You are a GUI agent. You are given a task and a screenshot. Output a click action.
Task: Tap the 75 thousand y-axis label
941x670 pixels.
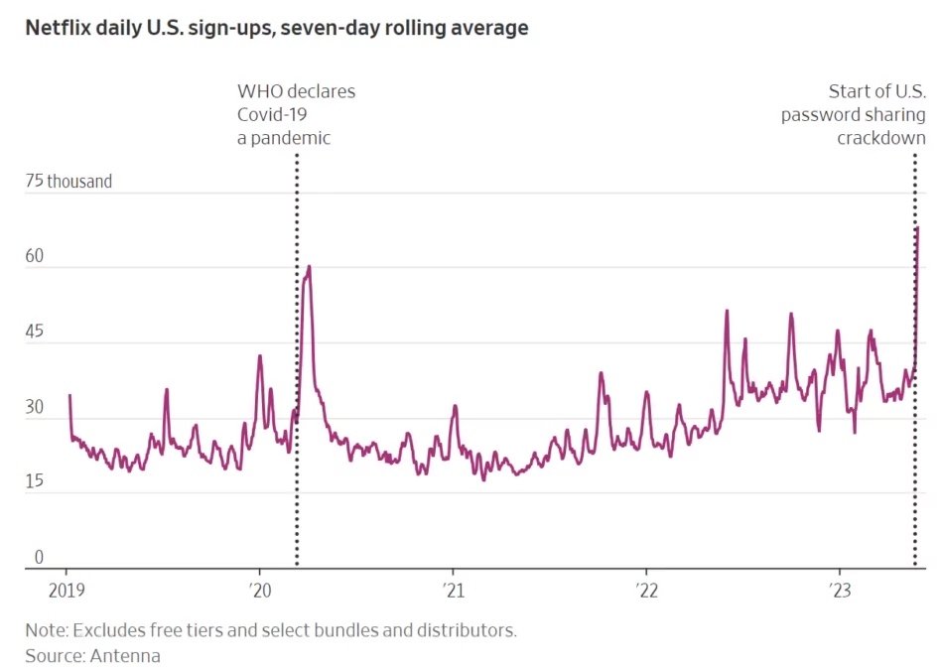pos(68,182)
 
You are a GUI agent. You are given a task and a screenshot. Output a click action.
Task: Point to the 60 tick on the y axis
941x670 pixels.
pos(34,256)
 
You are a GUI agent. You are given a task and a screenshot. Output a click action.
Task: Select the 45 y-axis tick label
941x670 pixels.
pos(34,332)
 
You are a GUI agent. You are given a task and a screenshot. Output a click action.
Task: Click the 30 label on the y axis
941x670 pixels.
pos(34,407)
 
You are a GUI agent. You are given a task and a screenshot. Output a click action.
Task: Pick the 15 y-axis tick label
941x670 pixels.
pos(34,480)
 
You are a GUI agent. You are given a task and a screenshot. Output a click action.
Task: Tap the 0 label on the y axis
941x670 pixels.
pos(39,557)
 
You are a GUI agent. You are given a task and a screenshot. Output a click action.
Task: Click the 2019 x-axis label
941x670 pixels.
pos(67,591)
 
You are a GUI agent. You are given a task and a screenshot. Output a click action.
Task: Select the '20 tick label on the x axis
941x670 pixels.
pos(260,591)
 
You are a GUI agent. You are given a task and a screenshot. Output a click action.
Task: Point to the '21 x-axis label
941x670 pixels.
pos(453,591)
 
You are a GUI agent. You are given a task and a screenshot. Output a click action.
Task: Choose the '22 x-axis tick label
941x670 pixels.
pos(647,591)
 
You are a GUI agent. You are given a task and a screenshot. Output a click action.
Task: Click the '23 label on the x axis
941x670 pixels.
pos(840,591)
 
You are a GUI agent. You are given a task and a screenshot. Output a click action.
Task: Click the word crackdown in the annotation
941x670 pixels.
pos(881,138)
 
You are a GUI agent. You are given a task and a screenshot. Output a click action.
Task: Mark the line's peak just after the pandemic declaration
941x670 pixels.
pos(309,266)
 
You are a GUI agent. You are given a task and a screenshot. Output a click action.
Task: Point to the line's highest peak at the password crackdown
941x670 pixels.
pos(917,227)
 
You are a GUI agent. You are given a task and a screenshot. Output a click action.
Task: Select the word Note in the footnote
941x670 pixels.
pos(47,630)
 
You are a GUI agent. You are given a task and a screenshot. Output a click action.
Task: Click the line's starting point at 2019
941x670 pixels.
pos(69,395)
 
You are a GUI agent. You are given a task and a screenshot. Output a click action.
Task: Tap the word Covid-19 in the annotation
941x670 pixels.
pos(272,115)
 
